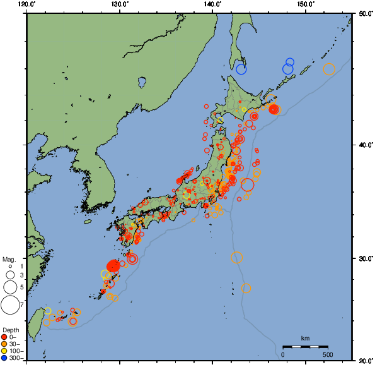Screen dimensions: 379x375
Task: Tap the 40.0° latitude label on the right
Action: (x=363, y=145)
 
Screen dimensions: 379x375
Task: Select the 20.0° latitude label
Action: (x=363, y=361)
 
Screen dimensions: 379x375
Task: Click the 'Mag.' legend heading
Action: (x=8, y=259)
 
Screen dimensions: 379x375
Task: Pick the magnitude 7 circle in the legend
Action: (x=10, y=305)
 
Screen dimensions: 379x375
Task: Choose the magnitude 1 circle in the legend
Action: (x=10, y=267)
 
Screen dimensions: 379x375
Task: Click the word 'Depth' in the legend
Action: (x=10, y=330)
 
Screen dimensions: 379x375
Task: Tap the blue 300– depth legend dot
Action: (x=5, y=358)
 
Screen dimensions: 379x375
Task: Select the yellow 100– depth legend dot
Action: (x=5, y=351)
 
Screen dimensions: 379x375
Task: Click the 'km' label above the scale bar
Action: (x=305, y=339)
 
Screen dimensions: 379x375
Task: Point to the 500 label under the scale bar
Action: (x=327, y=354)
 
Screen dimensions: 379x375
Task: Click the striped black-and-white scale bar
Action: (x=305, y=347)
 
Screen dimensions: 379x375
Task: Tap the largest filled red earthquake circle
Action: (x=113, y=267)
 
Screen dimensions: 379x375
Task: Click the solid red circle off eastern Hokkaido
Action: (x=274, y=109)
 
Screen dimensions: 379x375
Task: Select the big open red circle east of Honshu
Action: (x=247, y=184)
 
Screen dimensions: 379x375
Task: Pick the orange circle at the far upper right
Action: (x=329, y=69)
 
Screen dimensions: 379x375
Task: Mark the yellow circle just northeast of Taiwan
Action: (x=48, y=311)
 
